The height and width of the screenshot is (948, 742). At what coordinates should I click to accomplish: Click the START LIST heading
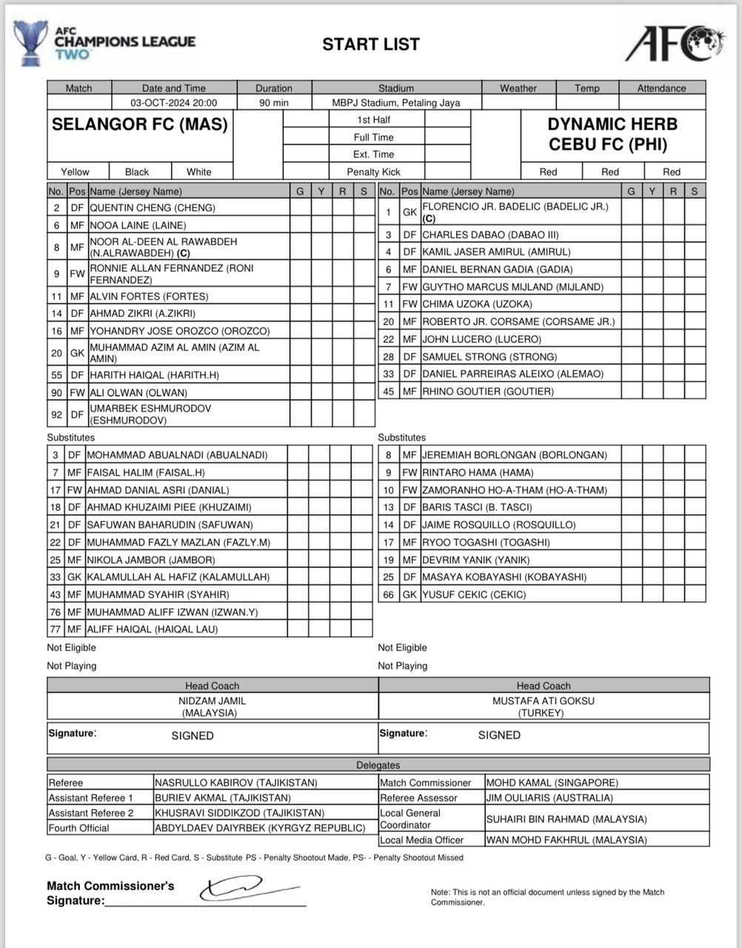point(370,44)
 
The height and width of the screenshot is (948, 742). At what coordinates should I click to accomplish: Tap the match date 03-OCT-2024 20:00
point(174,103)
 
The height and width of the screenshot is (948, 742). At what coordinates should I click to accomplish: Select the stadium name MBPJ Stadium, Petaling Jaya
point(396,103)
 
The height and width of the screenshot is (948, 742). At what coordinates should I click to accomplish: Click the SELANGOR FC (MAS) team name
point(140,124)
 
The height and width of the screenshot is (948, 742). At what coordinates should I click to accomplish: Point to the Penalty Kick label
point(373,172)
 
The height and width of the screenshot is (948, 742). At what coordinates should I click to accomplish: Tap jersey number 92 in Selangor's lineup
point(56,415)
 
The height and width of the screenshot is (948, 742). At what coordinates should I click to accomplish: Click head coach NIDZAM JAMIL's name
point(212,701)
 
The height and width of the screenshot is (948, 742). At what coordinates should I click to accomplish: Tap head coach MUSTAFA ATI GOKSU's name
point(543,701)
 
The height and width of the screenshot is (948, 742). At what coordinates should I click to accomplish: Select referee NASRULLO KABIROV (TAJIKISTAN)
point(235,783)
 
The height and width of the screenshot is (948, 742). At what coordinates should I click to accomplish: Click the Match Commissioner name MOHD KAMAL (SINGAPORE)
point(551,783)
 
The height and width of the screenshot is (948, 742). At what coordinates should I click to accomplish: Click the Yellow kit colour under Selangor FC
point(75,172)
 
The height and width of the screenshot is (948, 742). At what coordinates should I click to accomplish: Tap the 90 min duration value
point(274,103)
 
